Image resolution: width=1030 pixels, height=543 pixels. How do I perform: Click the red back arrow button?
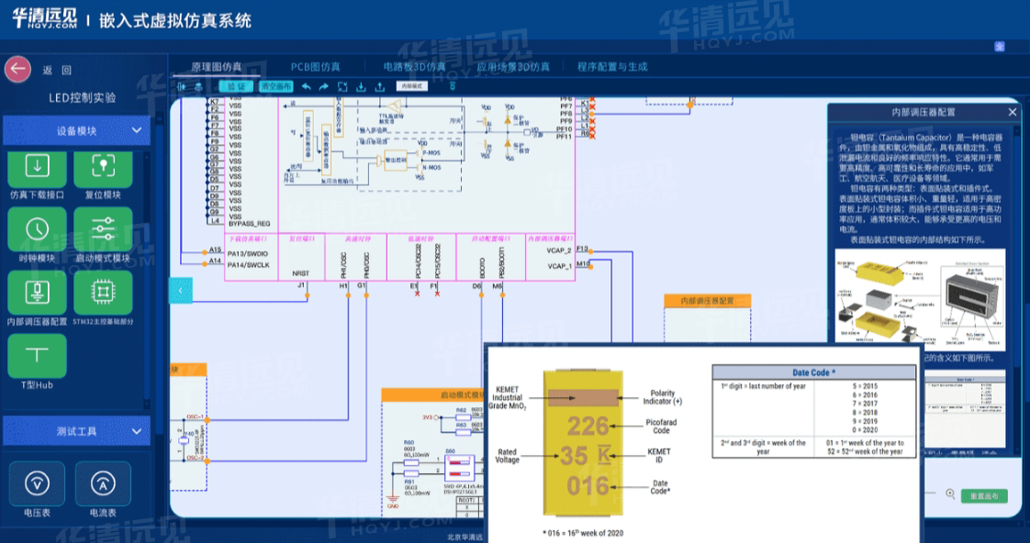(x=17, y=70)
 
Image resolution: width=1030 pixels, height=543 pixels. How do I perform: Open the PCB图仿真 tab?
(x=315, y=67)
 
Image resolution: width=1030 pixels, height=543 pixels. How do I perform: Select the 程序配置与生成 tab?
(x=612, y=67)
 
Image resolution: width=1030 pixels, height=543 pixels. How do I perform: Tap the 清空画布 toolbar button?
(x=275, y=86)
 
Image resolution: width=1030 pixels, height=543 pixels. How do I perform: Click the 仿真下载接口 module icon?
(x=37, y=167)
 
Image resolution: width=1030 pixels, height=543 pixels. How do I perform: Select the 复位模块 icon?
(x=103, y=167)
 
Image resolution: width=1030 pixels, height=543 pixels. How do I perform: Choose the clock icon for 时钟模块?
(x=37, y=229)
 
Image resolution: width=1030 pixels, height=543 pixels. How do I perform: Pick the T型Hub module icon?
(x=37, y=355)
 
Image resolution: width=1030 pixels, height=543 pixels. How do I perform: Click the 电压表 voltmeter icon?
(x=37, y=482)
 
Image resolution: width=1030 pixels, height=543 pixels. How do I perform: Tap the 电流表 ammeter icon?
(x=103, y=482)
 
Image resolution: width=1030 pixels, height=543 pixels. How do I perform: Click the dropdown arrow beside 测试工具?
(x=136, y=430)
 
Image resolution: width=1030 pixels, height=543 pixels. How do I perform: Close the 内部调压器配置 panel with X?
(x=1013, y=112)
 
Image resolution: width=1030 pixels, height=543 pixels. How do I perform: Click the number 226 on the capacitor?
(x=587, y=427)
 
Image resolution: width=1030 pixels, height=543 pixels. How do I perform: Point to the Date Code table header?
(x=813, y=372)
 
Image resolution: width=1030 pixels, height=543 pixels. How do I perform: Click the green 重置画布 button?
(x=983, y=496)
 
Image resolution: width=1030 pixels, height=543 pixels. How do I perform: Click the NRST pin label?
(x=301, y=273)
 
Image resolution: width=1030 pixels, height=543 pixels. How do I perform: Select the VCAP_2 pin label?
(x=559, y=250)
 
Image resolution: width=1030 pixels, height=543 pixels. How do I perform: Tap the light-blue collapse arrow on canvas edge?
(x=181, y=290)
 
